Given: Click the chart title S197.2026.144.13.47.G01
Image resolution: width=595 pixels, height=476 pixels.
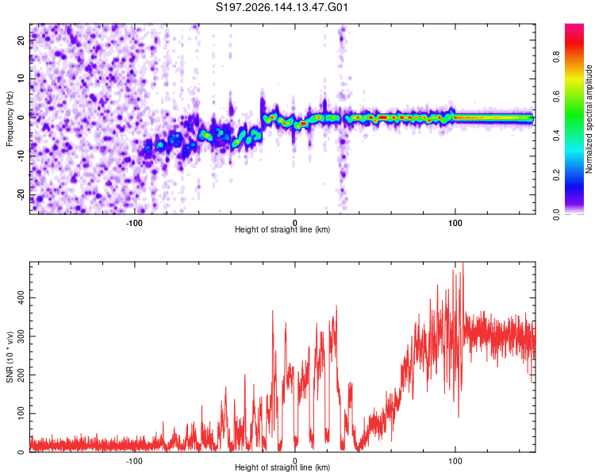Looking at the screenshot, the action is [x=282, y=7].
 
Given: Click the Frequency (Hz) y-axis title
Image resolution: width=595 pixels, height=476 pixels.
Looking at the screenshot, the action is [x=10, y=119].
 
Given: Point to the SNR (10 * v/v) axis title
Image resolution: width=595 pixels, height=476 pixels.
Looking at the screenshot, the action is [x=10, y=357].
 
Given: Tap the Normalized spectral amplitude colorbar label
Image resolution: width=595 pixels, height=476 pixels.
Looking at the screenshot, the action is [x=589, y=119].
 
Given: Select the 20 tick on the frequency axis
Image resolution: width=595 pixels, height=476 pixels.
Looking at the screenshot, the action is [x=21, y=40].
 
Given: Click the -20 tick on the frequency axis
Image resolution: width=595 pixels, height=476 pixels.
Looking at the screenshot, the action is [x=21, y=194].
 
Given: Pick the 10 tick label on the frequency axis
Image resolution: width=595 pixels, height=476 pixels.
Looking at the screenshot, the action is [x=21, y=79].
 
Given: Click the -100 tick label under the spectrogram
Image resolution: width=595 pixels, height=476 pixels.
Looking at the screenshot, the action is [x=134, y=223].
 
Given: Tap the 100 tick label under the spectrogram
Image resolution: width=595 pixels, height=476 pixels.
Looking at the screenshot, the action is [x=455, y=223].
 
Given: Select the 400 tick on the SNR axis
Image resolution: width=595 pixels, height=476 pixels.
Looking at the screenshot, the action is [x=21, y=297].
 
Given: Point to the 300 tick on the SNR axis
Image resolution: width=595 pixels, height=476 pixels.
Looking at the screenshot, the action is [x=21, y=336].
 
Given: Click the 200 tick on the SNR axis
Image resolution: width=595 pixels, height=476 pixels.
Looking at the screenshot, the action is [x=21, y=375].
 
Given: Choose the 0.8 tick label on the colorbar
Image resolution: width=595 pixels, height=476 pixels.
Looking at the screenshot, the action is [x=557, y=57].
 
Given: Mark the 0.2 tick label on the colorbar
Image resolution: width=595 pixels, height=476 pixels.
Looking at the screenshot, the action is [x=557, y=175].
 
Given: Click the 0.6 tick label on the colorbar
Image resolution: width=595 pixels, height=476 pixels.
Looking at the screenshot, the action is [x=557, y=97].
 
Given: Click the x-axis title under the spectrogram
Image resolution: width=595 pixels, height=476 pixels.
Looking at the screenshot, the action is [x=282, y=229].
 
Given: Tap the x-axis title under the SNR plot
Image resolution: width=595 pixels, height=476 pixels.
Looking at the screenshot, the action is [x=282, y=467].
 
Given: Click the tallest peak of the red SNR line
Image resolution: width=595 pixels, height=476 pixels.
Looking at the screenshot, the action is [x=463, y=263].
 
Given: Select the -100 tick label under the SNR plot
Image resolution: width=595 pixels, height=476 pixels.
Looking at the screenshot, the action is [x=134, y=461].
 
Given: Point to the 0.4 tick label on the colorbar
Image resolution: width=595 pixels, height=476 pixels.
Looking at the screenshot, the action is [x=557, y=136].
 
